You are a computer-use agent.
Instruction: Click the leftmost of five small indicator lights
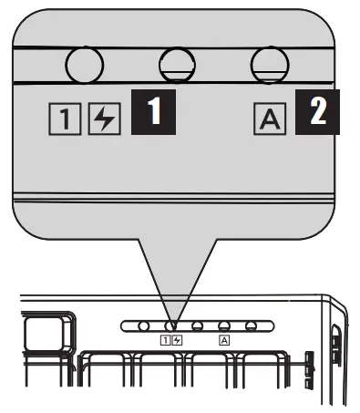[x=143, y=325]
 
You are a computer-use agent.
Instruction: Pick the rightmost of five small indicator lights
[x=250, y=325]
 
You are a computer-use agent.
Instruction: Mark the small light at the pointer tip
[x=170, y=325]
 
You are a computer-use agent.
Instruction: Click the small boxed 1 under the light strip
[x=164, y=340]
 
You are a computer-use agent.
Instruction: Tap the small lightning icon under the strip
[x=177, y=340]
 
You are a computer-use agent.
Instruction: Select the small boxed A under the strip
[x=223, y=340]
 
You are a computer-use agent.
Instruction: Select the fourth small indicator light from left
[x=223, y=325]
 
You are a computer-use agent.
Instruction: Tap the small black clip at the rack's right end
[x=308, y=362]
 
